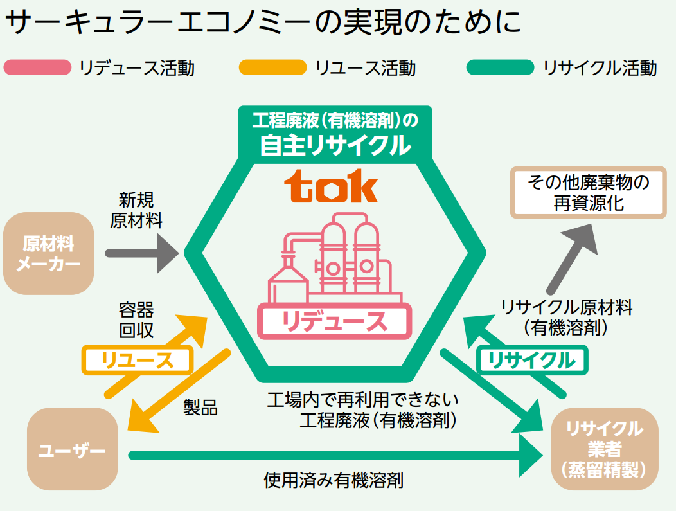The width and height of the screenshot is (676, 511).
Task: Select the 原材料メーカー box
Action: pyautogui.click(x=48, y=253)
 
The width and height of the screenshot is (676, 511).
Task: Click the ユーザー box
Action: pyautogui.click(x=72, y=449)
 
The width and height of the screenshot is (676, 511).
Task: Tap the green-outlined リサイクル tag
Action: pyautogui.click(x=531, y=360)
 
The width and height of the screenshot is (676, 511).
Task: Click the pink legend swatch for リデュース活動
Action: pyautogui.click(x=37, y=67)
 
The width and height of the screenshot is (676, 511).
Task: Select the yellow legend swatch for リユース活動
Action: pyautogui.click(x=272, y=67)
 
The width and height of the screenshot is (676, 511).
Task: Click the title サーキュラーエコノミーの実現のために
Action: pyautogui.click(x=263, y=24)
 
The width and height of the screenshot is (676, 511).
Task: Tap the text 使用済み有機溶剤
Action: pyautogui.click(x=334, y=480)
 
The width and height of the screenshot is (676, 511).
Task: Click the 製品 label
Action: pyautogui.click(x=200, y=408)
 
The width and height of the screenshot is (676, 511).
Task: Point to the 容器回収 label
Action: pyautogui.click(x=136, y=320)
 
